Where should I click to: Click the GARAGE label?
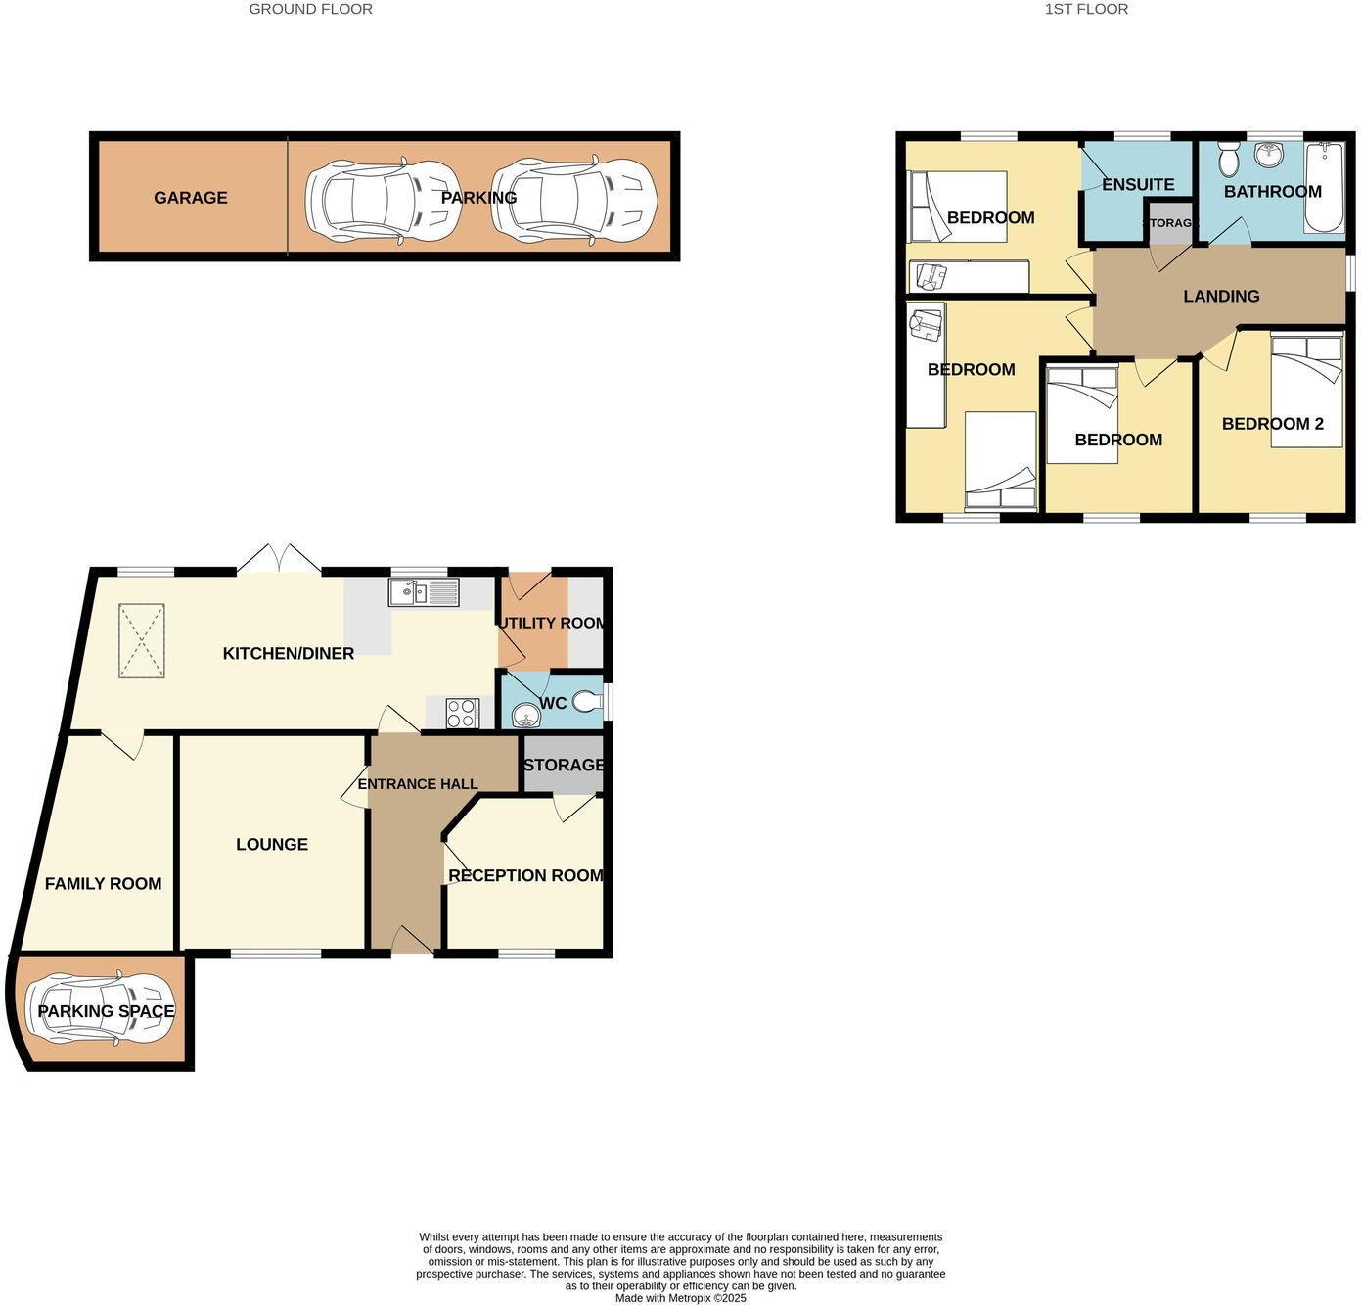coord(190,198)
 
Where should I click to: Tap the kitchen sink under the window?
coord(424,592)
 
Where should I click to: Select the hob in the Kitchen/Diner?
coord(462,713)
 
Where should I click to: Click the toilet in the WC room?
coord(587,701)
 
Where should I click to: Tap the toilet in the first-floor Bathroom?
coord(1229,159)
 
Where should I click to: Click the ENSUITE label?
coord(1137,184)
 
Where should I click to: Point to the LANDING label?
coord(1221,296)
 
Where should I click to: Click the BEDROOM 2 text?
coord(1272,424)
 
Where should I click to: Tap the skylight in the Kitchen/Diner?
coord(143,640)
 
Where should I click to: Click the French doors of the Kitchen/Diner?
coord(280,559)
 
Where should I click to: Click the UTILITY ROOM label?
coord(553,623)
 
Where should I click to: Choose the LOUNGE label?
coord(272,844)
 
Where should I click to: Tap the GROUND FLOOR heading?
coord(310,9)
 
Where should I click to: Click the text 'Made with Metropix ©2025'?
coord(680,1298)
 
